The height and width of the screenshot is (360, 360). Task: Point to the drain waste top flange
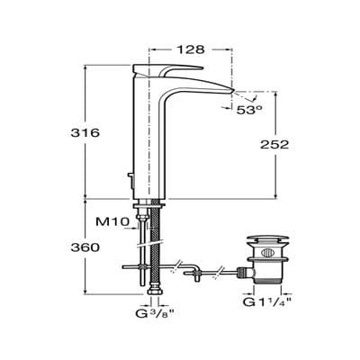coord(262,240)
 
